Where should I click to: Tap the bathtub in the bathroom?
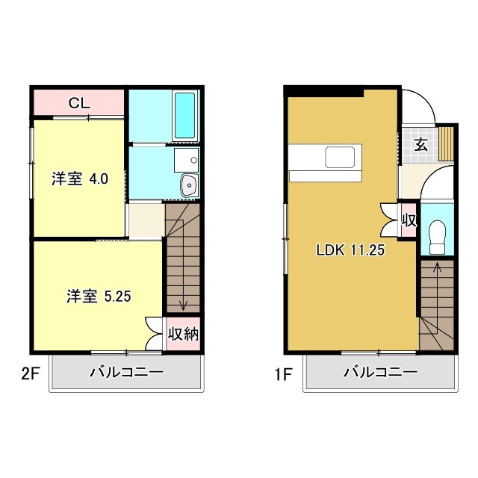point(184,115)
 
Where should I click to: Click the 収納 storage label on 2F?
point(183,334)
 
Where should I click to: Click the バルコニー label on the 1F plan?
point(379,372)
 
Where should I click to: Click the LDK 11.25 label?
point(350,251)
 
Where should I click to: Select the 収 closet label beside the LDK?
point(409,220)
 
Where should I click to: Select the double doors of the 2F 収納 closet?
point(155,333)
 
